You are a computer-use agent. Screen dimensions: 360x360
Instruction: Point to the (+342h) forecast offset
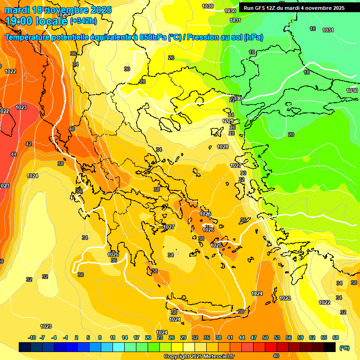coord(83,21)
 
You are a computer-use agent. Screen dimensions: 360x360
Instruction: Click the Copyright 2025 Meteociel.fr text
coord(199,357)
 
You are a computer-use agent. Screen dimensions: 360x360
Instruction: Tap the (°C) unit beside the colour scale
coord(345,348)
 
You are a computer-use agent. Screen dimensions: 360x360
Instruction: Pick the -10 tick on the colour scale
coord(32,338)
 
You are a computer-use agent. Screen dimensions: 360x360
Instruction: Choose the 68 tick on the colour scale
coord(336,338)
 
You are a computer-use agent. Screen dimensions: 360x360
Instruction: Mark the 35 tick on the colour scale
coord(207,338)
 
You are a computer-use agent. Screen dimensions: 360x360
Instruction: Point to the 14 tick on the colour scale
coord(125,338)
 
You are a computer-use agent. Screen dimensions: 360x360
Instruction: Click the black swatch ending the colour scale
coord(330,347)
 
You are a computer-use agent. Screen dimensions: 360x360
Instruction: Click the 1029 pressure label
coord(228,121)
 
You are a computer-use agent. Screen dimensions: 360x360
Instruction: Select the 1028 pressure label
coord(223,147)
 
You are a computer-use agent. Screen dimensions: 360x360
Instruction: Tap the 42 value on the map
coord(29,144)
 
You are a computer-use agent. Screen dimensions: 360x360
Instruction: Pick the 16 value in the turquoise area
coord(313,29)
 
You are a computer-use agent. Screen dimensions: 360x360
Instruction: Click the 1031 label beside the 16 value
coord(328,30)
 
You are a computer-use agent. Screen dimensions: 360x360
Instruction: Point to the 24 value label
coord(231,115)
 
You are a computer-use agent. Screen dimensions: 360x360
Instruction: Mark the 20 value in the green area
coord(291,135)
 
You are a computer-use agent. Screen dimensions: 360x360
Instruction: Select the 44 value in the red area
coord(14,154)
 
